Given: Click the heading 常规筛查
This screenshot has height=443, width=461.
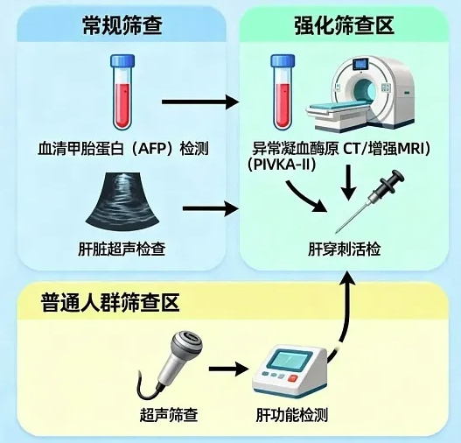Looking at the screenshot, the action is point(122,25).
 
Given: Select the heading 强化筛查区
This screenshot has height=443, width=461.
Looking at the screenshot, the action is point(345,25).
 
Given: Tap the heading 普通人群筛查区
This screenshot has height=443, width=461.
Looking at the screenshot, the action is point(110,302).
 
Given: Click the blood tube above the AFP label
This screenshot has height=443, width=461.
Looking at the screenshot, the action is point(122,92).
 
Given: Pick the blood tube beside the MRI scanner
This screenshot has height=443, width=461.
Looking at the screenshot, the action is point(283,92).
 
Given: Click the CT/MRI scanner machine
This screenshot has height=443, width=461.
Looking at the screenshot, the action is point(360,95).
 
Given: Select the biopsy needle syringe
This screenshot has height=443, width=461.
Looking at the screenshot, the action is point(371,200).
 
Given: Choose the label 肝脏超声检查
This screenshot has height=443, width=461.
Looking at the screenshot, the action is point(122,249).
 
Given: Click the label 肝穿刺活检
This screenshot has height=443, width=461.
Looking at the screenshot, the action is point(345,249).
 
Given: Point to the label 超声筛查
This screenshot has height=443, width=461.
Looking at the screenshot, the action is point(169,415).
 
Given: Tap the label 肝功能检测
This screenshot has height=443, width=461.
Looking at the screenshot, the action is point(292,415).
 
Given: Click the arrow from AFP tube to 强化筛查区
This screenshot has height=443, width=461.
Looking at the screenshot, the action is point(200,102).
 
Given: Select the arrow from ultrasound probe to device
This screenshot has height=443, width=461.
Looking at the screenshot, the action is point(228,369).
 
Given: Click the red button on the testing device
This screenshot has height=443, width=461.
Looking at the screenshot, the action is point(293,378).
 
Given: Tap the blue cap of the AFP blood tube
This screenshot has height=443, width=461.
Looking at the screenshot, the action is point(122,60).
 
